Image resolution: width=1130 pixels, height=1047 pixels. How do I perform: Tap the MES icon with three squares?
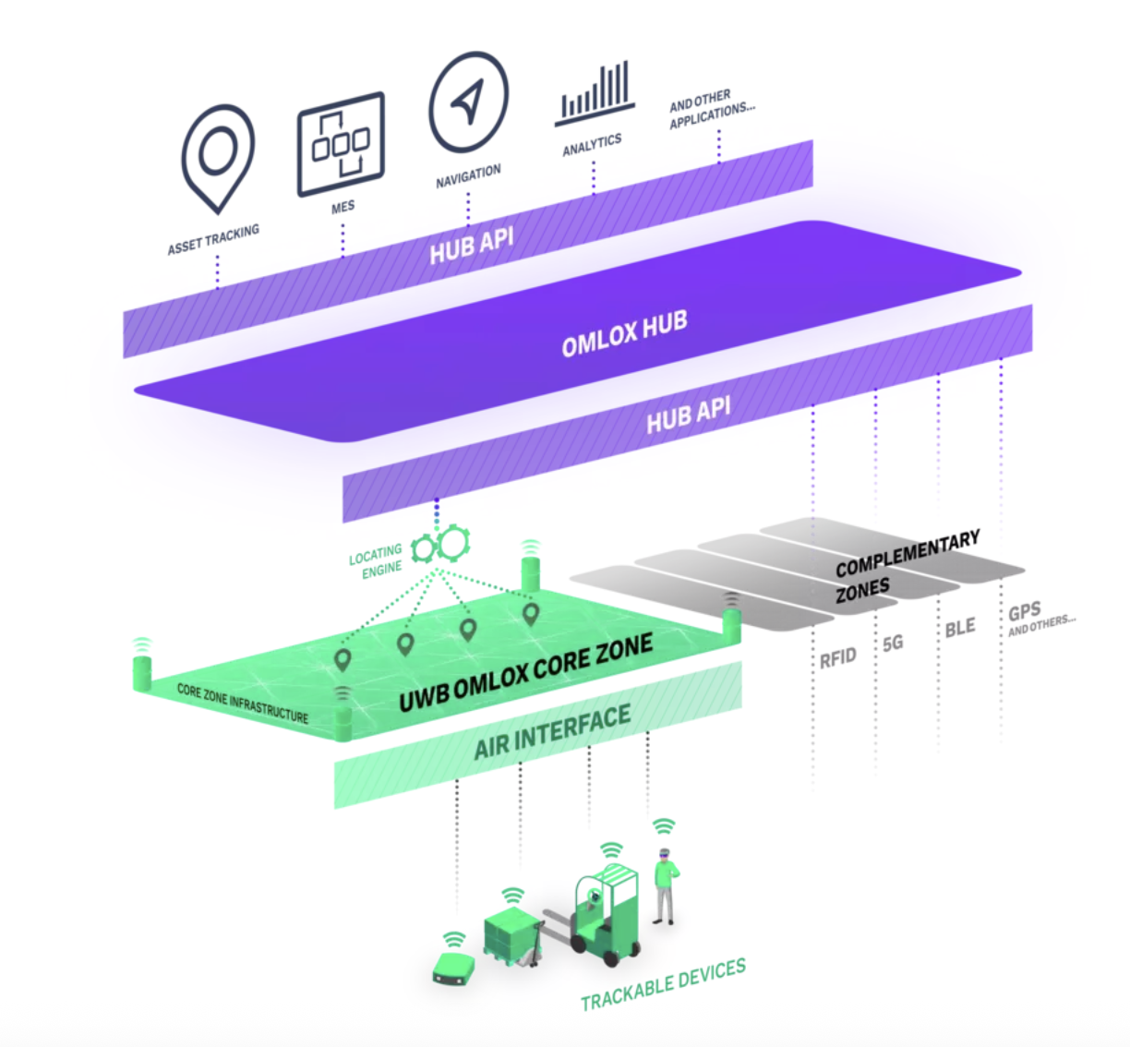click(341, 144)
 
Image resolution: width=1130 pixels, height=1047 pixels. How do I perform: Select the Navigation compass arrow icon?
click(469, 102)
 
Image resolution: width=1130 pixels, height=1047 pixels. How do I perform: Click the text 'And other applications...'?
click(711, 109)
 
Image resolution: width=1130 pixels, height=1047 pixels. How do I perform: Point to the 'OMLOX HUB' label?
click(624, 332)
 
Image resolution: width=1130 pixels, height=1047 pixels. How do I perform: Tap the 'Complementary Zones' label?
click(905, 565)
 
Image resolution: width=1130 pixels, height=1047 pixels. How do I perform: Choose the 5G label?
click(893, 643)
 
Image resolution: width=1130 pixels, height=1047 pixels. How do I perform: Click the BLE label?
click(959, 628)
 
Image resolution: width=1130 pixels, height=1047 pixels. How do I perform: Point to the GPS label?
click(1024, 611)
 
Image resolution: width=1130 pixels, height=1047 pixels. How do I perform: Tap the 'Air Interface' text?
click(552, 732)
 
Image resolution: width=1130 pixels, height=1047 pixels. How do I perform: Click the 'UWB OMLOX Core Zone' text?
click(525, 673)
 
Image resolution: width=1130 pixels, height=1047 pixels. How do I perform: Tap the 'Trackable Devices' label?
click(663, 984)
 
